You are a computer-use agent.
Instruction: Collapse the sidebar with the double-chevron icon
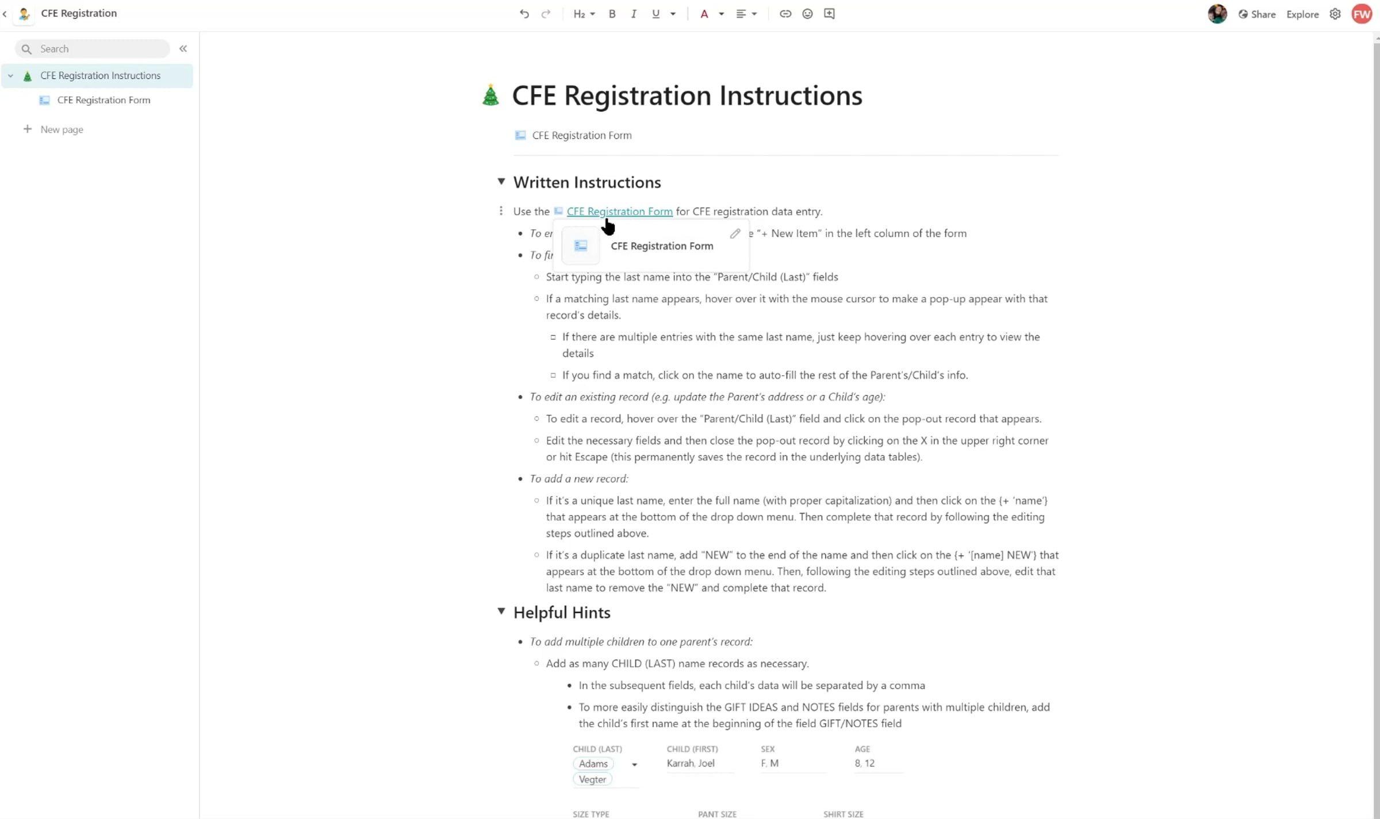point(183,49)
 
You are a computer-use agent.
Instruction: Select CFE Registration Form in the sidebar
point(103,100)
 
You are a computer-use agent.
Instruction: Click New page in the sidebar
point(62,129)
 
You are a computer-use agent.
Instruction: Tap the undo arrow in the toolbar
point(524,14)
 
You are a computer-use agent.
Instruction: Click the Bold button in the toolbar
point(612,14)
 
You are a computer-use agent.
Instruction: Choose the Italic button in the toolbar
point(633,14)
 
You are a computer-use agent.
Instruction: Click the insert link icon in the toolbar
point(785,14)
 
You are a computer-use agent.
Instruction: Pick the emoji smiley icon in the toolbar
point(807,14)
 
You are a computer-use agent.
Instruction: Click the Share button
point(1257,14)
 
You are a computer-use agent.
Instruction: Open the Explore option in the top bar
point(1302,14)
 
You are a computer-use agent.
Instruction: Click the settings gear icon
point(1335,14)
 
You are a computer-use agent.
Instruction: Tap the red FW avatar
point(1362,14)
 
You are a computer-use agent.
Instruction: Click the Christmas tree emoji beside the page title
point(490,95)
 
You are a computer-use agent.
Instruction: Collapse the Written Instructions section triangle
point(501,182)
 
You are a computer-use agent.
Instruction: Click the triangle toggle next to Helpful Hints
point(501,612)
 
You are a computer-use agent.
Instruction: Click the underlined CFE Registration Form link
point(619,212)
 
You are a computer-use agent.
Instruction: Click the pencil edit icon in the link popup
point(735,233)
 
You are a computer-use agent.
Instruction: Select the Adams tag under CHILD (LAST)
point(593,763)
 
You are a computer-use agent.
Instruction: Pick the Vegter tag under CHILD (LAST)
point(592,779)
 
